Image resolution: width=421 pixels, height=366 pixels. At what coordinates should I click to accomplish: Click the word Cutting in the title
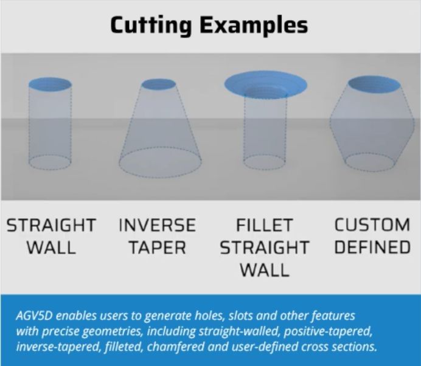pos(151,25)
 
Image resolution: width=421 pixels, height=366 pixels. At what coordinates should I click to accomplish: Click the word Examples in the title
pos(254,25)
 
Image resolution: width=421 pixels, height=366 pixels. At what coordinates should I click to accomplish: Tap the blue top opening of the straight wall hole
pos(50,84)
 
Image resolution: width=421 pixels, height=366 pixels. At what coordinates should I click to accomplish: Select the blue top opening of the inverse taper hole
pos(159,85)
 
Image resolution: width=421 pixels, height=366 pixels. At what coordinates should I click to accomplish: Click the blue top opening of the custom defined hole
pos(374,85)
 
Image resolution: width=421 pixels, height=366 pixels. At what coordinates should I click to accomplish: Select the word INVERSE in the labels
pos(158,225)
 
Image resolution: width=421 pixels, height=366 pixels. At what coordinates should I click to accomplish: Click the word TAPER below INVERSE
pos(158,247)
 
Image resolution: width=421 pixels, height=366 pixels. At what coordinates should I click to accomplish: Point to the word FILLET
pos(264,225)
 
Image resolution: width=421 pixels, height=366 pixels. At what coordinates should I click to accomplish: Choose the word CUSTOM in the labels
pos(372,224)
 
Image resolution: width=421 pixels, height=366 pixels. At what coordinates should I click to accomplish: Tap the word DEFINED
pos(372,247)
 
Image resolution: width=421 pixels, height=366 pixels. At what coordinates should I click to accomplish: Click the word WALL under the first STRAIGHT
pos(51,247)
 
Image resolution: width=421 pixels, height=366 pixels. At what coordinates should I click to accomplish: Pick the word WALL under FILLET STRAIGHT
pos(265,270)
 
